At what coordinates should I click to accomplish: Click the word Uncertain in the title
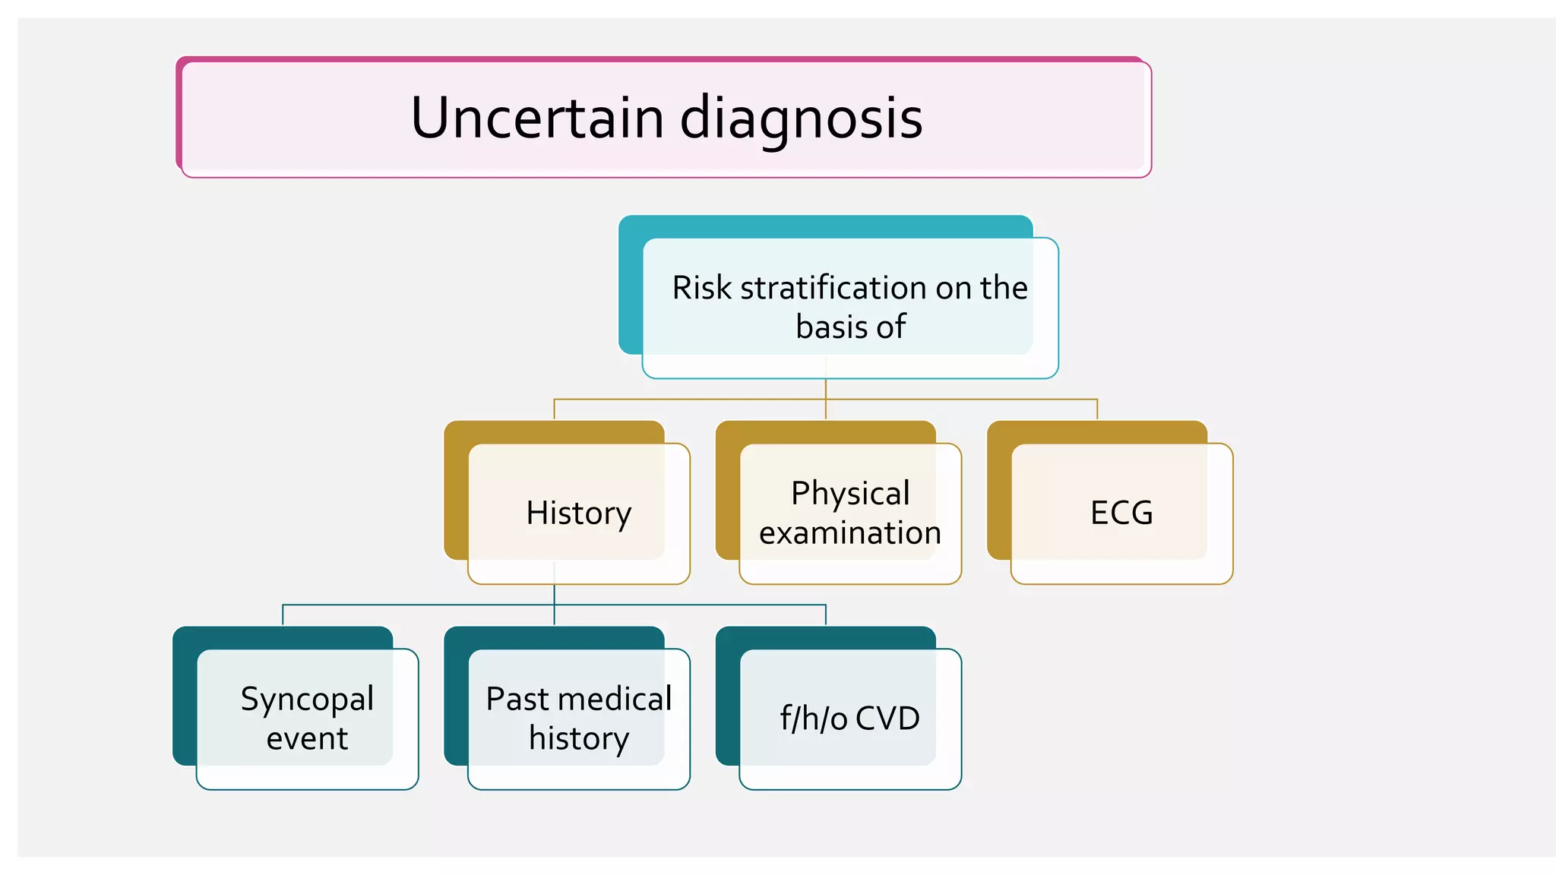tap(538, 118)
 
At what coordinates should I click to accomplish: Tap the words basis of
tap(850, 327)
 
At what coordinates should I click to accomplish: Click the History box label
tap(578, 513)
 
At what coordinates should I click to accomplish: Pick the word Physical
tap(850, 494)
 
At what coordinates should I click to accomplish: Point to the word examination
tap(850, 533)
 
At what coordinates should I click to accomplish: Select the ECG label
tap(1121, 513)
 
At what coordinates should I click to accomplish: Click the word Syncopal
tap(307, 700)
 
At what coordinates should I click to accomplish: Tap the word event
tap(307, 739)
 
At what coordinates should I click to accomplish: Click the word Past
tap(516, 699)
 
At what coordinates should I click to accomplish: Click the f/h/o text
tap(813, 719)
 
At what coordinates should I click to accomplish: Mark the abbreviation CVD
tap(887, 719)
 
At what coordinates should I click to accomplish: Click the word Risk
tap(701, 288)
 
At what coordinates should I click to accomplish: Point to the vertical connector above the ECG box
tap(1097, 409)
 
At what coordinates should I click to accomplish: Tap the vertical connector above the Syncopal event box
tap(283, 614)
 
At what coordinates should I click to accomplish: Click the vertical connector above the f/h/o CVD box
tap(825, 614)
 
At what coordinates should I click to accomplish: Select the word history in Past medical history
tap(578, 739)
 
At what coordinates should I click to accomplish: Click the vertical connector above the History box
tap(554, 409)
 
